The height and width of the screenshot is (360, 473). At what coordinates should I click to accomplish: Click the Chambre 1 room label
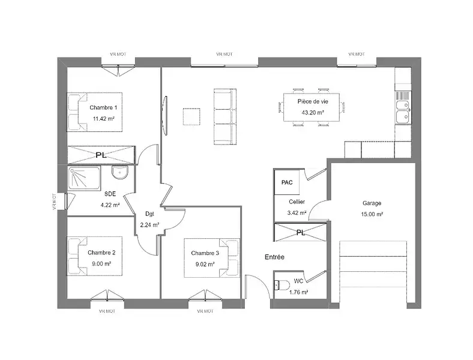(x=103, y=107)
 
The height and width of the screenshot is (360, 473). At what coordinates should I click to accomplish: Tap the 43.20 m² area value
(x=313, y=112)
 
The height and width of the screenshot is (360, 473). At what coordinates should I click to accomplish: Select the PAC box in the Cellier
(x=287, y=182)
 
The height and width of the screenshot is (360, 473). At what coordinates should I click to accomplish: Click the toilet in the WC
(x=280, y=285)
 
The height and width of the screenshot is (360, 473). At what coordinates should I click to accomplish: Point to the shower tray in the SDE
(x=84, y=178)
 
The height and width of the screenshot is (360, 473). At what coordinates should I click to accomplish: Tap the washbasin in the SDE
(x=120, y=172)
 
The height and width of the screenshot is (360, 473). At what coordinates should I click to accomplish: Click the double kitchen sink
(x=403, y=112)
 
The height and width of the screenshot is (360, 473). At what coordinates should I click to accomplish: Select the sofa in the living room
(x=225, y=116)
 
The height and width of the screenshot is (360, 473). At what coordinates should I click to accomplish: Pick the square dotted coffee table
(x=191, y=116)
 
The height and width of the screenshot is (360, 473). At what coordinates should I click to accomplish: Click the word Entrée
(x=274, y=257)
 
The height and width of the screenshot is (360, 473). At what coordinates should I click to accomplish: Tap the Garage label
(x=372, y=203)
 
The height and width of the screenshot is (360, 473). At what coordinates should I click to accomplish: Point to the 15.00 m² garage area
(x=372, y=214)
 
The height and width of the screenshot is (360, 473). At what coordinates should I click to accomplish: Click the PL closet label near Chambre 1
(x=101, y=155)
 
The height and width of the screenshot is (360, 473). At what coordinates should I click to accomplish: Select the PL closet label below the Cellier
(x=301, y=232)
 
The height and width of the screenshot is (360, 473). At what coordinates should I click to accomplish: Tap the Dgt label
(x=149, y=214)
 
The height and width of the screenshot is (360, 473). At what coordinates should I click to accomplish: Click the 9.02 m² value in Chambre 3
(x=205, y=265)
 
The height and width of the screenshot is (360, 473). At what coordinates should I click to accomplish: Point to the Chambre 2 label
(x=101, y=253)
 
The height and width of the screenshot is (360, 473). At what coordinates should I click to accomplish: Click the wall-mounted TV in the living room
(x=164, y=116)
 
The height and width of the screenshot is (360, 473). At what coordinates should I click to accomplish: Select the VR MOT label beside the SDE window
(x=54, y=202)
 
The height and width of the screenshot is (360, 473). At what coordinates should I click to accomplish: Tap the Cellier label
(x=297, y=202)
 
